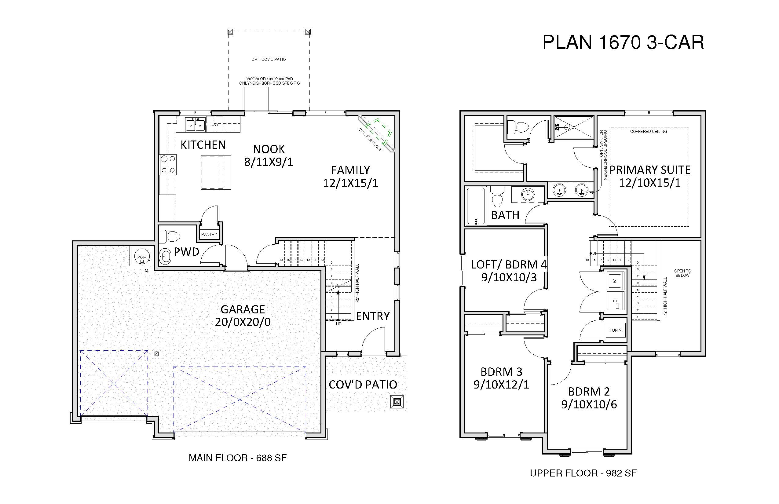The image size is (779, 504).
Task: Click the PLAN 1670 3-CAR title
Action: [623, 42]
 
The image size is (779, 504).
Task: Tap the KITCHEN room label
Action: [203, 145]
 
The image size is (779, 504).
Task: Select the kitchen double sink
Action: [195, 124]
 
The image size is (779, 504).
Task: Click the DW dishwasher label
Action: [215, 124]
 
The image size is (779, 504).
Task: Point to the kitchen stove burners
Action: [168, 165]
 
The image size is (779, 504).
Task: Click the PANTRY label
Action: [209, 234]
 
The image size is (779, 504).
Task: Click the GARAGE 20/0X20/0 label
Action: [243, 316]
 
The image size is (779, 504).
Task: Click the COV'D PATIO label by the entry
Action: [363, 385]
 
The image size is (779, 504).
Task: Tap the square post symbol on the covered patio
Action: [397, 402]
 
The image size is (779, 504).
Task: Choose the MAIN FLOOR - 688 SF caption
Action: [238, 458]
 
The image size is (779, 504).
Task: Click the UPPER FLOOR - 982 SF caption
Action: [583, 473]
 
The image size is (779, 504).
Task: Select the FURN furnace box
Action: [615, 330]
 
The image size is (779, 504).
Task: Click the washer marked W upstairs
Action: [615, 281]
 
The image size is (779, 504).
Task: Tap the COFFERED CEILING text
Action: [649, 132]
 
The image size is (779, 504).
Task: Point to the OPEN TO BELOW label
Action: [683, 273]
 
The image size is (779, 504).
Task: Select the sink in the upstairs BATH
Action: [528, 194]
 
